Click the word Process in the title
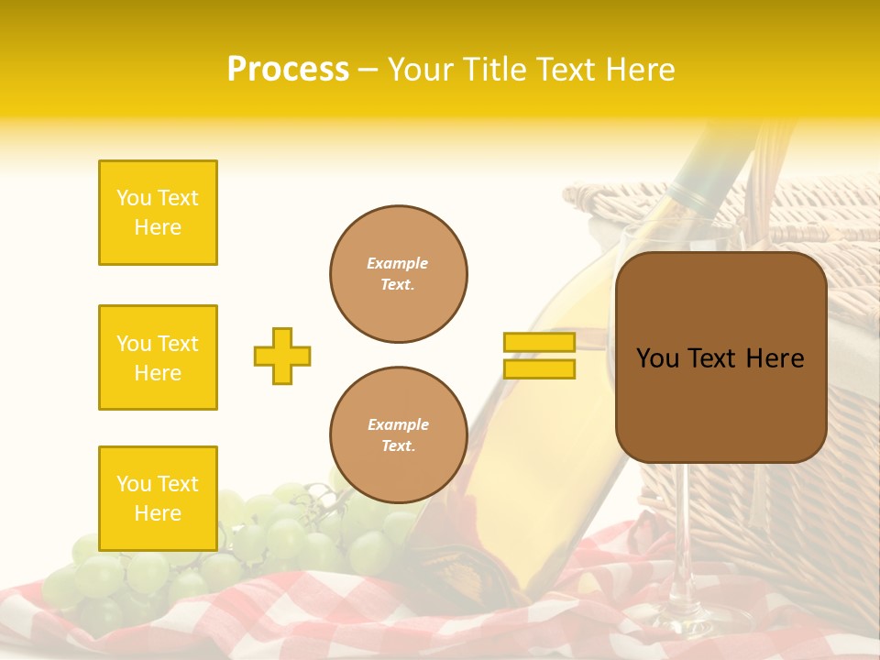click(x=288, y=69)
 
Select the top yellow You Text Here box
click(x=158, y=213)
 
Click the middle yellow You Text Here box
click(x=158, y=357)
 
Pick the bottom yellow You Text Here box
click(x=158, y=498)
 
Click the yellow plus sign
click(x=282, y=356)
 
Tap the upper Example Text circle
click(x=399, y=274)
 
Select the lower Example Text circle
click(x=399, y=434)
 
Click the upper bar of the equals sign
click(x=539, y=343)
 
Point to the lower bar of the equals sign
click(x=539, y=369)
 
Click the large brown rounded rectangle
click(x=720, y=412)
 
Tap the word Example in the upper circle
click(x=397, y=263)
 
